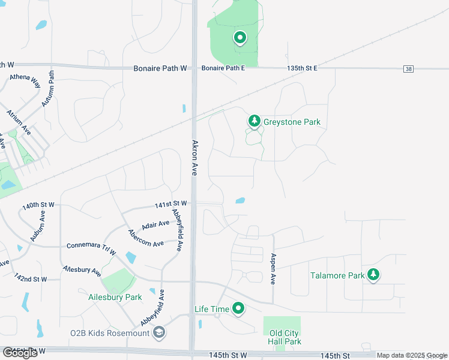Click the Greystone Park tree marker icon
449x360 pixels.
255,122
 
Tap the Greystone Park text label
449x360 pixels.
292,122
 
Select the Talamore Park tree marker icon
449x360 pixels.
374,275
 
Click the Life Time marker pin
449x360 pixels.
239,309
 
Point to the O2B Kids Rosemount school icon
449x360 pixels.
159,333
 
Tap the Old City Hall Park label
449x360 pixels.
285,337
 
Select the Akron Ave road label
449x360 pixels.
194,158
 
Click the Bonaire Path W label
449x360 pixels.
160,68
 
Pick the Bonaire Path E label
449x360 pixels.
223,68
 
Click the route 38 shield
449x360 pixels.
409,70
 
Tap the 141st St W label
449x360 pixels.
170,205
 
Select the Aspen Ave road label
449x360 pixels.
273,269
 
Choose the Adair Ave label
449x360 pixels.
155,225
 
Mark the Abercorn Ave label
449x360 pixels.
146,239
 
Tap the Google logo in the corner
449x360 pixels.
20,353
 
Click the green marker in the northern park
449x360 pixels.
240,38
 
